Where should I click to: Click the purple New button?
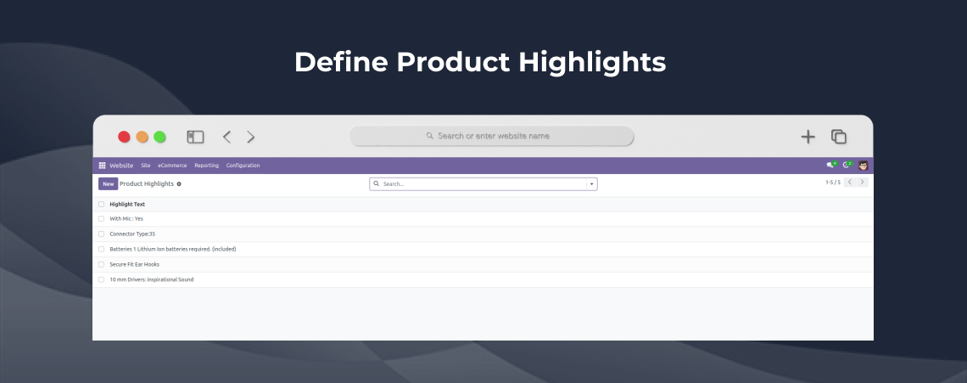(108, 184)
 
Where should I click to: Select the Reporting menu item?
(207, 166)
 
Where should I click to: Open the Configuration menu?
(243, 166)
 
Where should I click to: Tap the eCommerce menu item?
(172, 166)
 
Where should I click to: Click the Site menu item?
(146, 166)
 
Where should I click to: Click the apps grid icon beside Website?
(103, 166)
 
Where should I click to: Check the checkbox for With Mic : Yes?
(101, 219)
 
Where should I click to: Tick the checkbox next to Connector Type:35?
(101, 234)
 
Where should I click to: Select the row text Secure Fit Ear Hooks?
(134, 264)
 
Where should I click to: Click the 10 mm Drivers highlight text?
(152, 280)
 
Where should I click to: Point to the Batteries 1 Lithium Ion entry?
(173, 250)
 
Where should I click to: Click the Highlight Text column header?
(127, 205)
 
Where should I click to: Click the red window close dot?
(124, 137)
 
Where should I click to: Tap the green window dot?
(159, 137)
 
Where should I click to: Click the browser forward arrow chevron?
(251, 137)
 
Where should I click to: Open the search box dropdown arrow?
(591, 184)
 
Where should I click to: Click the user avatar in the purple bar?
(864, 165)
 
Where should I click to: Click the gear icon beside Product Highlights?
(179, 184)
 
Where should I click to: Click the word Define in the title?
(341, 62)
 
